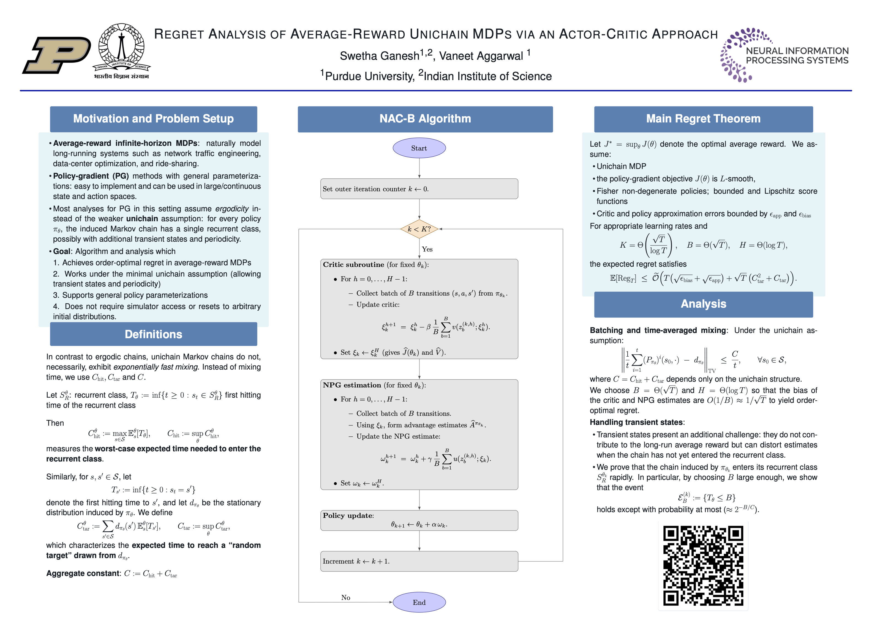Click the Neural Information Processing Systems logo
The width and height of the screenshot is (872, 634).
coord(784,55)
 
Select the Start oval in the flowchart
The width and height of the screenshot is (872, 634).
coord(419,148)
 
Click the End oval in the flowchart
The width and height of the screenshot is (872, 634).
coord(419,602)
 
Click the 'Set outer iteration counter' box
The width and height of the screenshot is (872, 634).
coord(419,189)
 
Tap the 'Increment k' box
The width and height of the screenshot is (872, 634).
coord(419,561)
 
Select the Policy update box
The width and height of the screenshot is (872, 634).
coord(419,520)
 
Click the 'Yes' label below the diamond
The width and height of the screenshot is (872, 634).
coord(427,249)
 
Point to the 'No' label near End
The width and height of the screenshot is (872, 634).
coord(346,597)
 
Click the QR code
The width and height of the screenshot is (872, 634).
coord(703,565)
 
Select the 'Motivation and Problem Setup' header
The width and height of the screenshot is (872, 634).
coord(153,119)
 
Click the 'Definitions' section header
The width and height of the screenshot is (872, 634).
coord(153,334)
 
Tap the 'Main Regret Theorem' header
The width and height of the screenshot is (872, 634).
coord(703,119)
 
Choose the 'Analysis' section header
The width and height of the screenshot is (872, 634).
coord(703,304)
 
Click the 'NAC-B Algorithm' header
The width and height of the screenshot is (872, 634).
coord(425,119)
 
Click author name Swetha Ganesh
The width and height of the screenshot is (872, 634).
coord(380,56)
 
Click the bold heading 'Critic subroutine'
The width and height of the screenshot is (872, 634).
coord(353,264)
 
